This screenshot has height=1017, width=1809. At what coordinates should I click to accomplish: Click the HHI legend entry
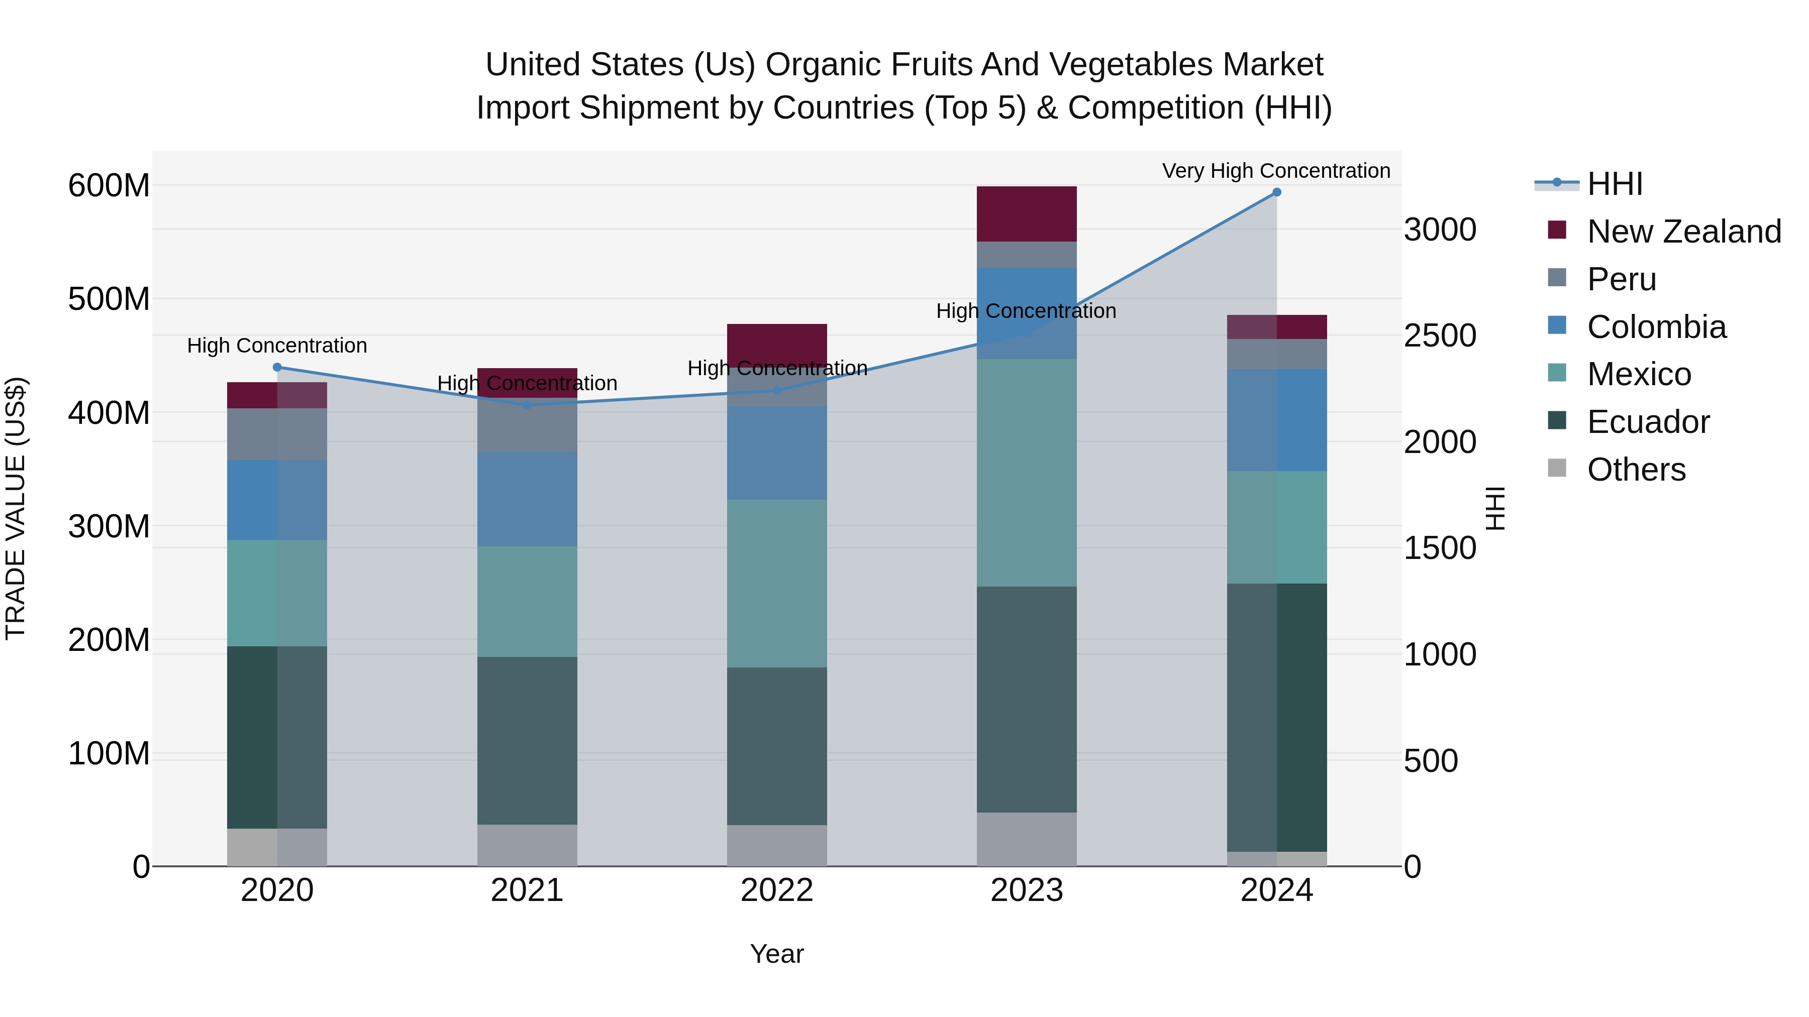click(1614, 184)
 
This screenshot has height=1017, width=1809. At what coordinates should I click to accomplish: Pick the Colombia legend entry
click(1656, 327)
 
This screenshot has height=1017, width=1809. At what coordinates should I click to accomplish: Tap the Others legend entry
click(1636, 470)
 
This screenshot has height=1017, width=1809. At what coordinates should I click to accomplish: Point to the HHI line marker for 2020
click(277, 367)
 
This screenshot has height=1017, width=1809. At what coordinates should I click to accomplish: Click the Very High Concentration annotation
click(1275, 171)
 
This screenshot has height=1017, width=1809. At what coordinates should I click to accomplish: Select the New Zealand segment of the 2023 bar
click(1026, 214)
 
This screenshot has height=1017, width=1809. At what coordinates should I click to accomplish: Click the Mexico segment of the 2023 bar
click(1026, 473)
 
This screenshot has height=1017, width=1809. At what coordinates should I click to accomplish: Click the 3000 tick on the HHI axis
click(1440, 230)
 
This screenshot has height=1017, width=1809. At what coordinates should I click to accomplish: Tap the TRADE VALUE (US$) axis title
click(16, 508)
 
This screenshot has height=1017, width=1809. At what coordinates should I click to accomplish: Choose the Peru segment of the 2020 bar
click(277, 434)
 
